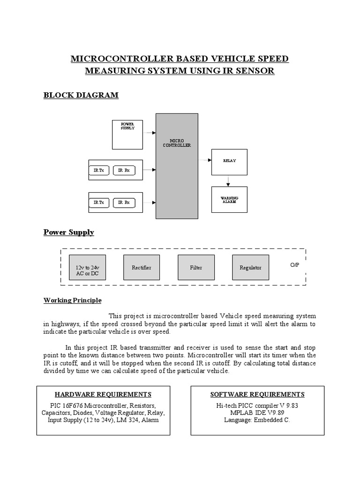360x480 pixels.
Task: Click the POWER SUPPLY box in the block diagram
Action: point(127,135)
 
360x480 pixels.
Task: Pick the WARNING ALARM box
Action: point(229,200)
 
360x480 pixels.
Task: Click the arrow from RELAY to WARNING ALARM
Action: point(228,181)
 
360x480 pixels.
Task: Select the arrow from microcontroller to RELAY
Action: point(205,160)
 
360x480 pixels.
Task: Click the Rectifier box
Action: point(142,268)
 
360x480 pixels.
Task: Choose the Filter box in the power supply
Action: point(196,268)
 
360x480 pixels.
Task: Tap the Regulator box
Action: point(251,268)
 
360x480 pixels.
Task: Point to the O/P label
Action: point(294,265)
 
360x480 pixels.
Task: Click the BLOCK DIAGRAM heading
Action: point(81,95)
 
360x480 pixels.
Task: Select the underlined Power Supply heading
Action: point(68,232)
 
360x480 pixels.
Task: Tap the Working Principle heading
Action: point(72,300)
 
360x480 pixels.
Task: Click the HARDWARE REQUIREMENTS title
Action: point(103,394)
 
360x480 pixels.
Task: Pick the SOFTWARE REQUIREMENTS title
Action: point(257,394)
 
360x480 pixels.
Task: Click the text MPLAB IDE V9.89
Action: point(257,412)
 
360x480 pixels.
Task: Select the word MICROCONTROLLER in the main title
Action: point(121,59)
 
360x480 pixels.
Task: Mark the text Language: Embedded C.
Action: point(257,420)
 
